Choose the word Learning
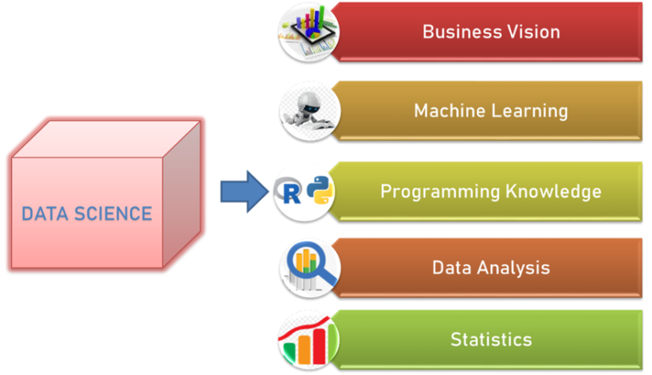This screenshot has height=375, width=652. tap(527, 111)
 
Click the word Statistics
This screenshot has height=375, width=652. tap(491, 340)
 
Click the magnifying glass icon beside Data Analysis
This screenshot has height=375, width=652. tap(308, 267)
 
